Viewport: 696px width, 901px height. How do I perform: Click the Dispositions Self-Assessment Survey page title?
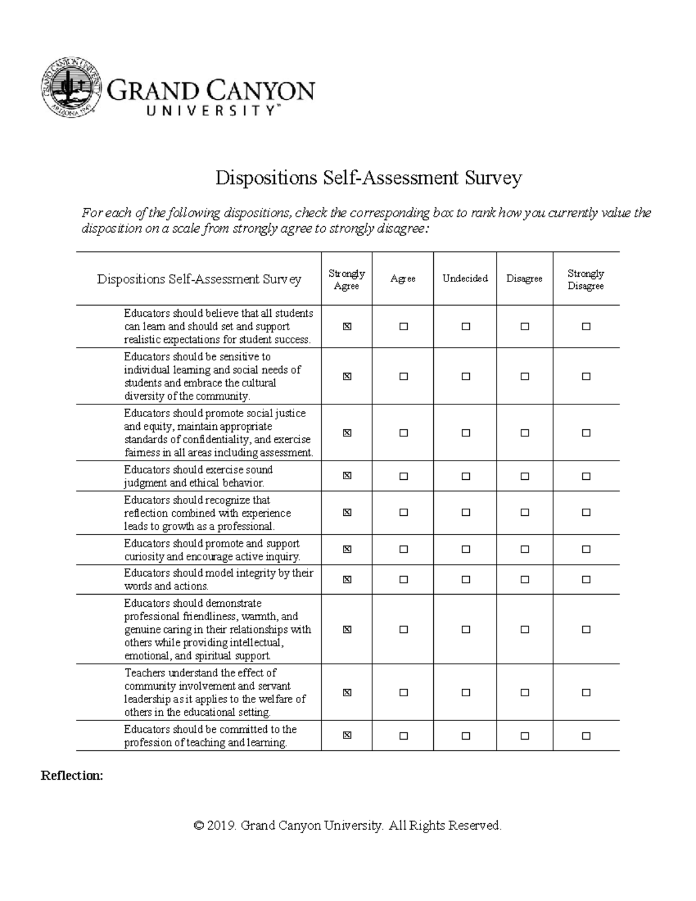tap(368, 178)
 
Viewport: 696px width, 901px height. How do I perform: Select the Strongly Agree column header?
tap(346, 279)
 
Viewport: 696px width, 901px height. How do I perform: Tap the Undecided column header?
tap(465, 278)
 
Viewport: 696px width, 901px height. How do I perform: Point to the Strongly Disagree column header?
tap(586, 279)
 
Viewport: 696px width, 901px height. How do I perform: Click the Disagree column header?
tap(524, 278)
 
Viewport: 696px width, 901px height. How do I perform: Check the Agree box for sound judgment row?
tap(404, 476)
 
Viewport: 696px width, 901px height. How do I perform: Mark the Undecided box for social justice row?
tap(466, 433)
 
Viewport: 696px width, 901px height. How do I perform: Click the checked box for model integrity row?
tap(347, 579)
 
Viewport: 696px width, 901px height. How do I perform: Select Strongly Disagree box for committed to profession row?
tap(586, 736)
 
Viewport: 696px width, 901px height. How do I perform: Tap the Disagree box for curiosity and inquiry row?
tap(525, 549)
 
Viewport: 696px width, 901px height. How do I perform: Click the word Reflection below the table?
tap(72, 776)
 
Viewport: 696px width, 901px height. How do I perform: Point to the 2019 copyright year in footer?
tap(223, 825)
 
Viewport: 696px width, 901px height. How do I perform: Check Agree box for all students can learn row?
tap(404, 327)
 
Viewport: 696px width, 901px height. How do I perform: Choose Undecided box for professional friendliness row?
tap(466, 629)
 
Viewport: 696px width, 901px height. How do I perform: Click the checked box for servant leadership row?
tap(347, 692)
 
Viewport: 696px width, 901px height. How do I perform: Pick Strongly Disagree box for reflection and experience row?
tap(586, 512)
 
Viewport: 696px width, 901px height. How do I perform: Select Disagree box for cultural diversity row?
tap(525, 376)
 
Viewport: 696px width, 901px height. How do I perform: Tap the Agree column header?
tap(403, 278)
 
